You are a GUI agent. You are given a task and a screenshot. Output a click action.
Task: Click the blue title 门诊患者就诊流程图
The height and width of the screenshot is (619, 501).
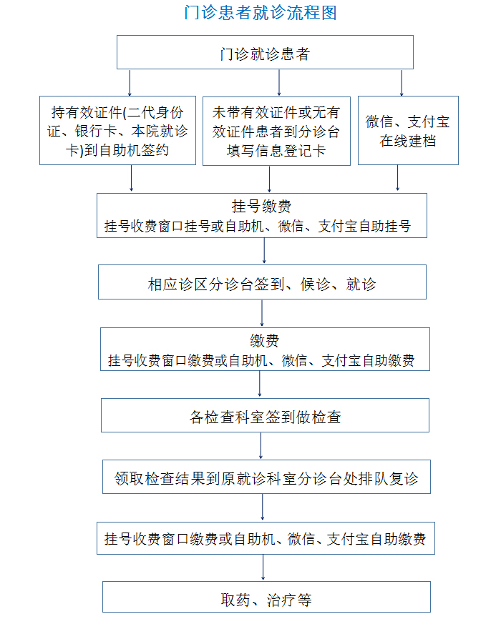(x=261, y=13)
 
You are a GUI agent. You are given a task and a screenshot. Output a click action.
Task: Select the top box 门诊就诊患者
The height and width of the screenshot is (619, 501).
(x=265, y=52)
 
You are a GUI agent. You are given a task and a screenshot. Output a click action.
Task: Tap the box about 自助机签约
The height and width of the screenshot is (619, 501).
(x=117, y=130)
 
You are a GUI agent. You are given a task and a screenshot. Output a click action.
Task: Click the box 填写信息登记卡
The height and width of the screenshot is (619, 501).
(x=276, y=131)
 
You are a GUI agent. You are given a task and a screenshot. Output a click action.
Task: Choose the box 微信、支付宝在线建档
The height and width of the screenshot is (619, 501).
(x=408, y=130)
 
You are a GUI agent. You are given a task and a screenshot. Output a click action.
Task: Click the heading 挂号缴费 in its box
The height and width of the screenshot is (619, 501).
(x=261, y=206)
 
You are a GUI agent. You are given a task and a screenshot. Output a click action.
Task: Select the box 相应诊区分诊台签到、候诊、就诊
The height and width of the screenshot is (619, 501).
(x=262, y=282)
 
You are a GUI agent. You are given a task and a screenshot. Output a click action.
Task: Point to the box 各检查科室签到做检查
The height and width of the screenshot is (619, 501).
(x=265, y=415)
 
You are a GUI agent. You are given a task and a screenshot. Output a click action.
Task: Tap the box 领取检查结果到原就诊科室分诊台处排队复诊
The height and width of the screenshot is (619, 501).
(x=266, y=477)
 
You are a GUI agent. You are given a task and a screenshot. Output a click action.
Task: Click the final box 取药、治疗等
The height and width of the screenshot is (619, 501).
(x=266, y=597)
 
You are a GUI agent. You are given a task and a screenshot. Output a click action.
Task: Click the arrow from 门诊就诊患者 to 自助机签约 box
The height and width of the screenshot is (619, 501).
(x=130, y=83)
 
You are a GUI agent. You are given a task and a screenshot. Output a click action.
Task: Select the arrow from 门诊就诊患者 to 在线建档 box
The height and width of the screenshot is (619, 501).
(x=402, y=83)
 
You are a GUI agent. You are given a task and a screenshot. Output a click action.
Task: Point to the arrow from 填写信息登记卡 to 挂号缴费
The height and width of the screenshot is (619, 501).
(x=269, y=179)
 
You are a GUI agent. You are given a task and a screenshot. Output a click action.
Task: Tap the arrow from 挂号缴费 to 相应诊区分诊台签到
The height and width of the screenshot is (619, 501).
(x=264, y=251)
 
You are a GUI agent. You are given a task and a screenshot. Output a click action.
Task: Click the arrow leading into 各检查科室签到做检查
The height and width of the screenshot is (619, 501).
(x=259, y=384)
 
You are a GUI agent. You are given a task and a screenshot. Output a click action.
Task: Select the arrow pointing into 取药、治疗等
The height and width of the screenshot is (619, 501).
(x=263, y=568)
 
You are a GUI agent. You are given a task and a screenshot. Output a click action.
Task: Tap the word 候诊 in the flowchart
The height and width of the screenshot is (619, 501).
(x=315, y=284)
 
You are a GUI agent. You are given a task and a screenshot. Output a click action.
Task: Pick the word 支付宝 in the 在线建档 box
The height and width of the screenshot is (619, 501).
(x=429, y=122)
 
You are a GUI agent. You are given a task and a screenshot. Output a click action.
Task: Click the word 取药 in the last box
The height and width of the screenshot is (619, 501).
(x=235, y=600)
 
